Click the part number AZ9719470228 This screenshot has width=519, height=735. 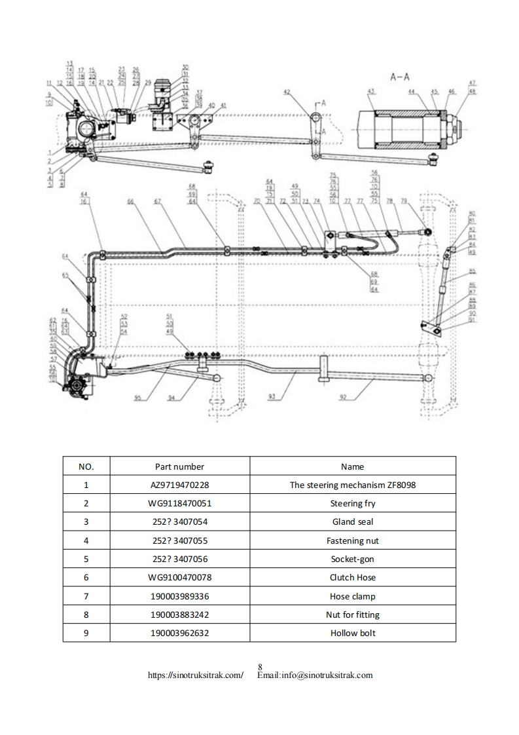[x=179, y=485]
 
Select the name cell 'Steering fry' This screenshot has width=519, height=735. [x=352, y=504]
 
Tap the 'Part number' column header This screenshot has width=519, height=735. [x=179, y=467]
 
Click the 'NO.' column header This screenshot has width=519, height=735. [x=86, y=467]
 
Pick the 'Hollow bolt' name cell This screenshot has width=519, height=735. [x=352, y=633]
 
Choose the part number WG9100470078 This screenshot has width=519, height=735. [x=179, y=578]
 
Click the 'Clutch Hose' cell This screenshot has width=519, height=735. [x=352, y=578]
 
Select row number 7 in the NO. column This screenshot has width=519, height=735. [x=86, y=596]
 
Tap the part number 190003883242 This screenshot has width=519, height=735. [x=179, y=614]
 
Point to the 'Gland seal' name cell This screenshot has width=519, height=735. [x=352, y=522]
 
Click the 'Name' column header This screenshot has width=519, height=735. [x=352, y=467]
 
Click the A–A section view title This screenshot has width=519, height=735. [x=400, y=76]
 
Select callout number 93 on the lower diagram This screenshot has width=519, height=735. [x=272, y=397]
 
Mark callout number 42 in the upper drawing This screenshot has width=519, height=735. [x=286, y=92]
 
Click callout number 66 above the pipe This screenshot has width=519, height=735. [x=131, y=202]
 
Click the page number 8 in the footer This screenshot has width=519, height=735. [x=260, y=667]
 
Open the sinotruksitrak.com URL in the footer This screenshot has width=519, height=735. [x=196, y=675]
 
